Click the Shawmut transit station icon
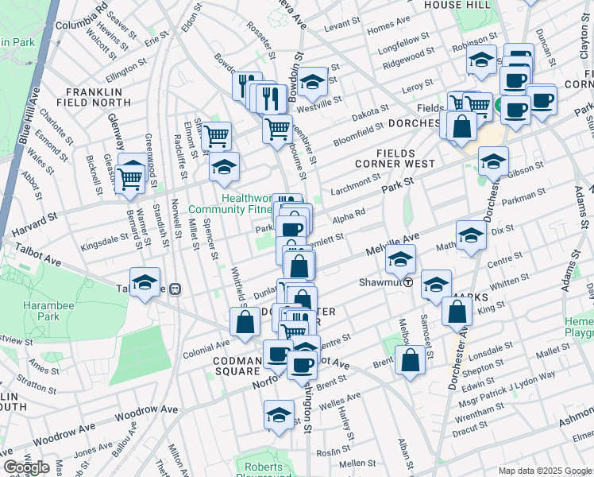click(x=408, y=281)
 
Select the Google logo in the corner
click(x=26, y=467)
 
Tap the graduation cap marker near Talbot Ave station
click(x=145, y=284)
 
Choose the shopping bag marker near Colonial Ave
click(x=245, y=321)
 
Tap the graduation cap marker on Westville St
click(x=313, y=81)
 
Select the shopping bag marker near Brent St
click(x=410, y=360)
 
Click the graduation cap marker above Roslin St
click(x=279, y=414)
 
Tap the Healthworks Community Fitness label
click(x=229, y=204)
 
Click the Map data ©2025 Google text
click(x=545, y=470)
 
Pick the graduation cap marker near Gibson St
click(x=493, y=161)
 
